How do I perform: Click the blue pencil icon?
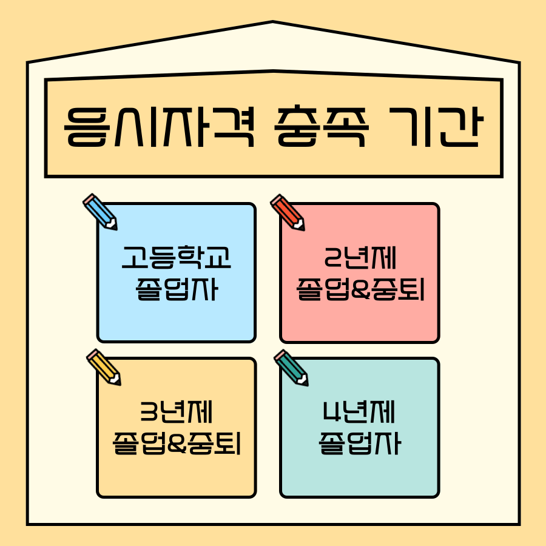(x=100, y=212)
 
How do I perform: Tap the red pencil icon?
(x=288, y=212)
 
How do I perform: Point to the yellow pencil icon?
(x=104, y=367)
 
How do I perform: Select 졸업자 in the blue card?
(x=176, y=291)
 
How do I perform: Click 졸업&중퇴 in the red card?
(x=360, y=291)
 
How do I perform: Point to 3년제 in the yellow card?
(x=176, y=414)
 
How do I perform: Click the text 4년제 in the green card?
(x=360, y=414)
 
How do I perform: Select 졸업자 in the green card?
(x=360, y=445)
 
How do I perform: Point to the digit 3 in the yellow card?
(x=148, y=414)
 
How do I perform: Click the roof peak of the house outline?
(x=273, y=23)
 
